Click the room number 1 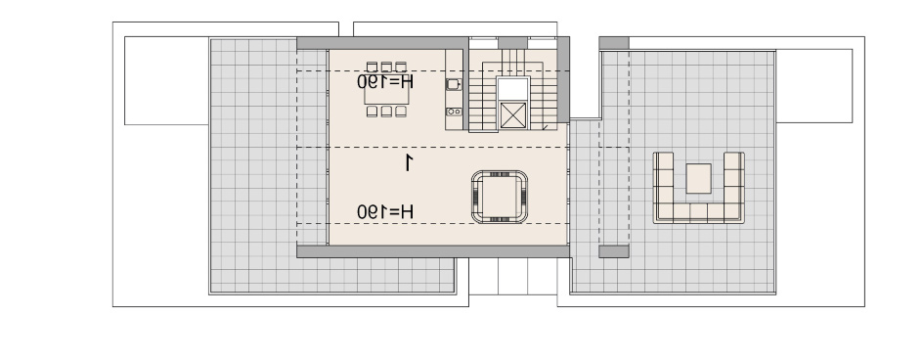pos(409,162)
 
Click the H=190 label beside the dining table pos(385,81)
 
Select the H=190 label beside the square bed pos(385,211)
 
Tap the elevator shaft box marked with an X pos(513,114)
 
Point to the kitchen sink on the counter pos(454,84)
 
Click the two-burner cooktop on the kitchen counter pos(454,112)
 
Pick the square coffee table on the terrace pos(699,178)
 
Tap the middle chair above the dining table pos(386,67)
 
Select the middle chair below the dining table pos(386,112)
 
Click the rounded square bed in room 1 pos(500,197)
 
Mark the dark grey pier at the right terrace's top pos(614,43)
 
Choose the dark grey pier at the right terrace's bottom pos(614,251)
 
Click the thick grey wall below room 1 pos(433,251)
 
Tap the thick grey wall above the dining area pos(382,43)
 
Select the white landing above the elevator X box pos(513,89)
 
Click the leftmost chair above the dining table pos(372,67)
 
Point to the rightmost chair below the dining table pos(401,112)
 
